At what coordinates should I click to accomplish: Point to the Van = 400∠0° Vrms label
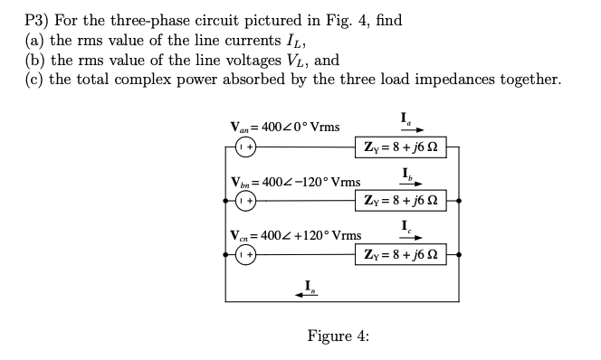click(285, 126)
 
